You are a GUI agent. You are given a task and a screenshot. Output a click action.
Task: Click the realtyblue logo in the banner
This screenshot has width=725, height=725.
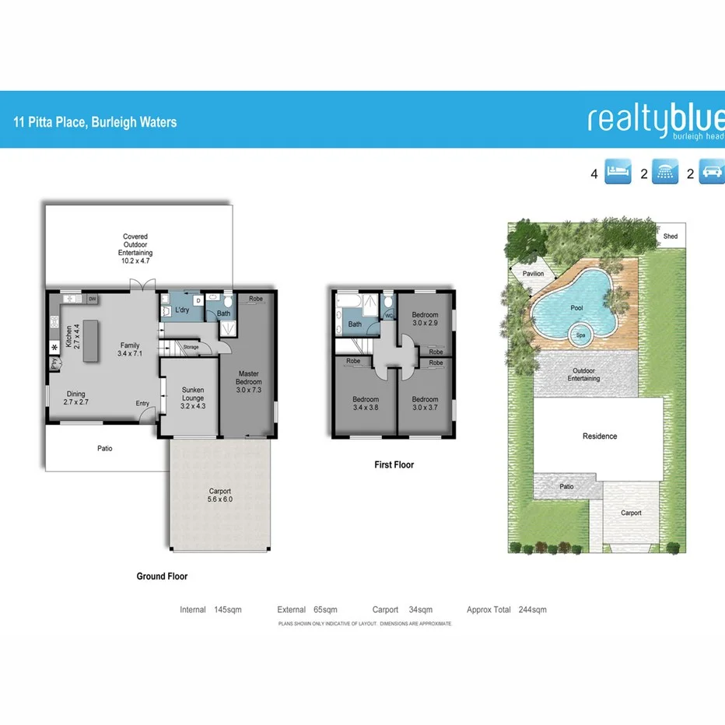click(x=656, y=121)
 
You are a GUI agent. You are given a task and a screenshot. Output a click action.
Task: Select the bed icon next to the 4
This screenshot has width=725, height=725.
click(x=619, y=173)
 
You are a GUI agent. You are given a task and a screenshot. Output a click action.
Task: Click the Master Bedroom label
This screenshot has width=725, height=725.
click(x=249, y=382)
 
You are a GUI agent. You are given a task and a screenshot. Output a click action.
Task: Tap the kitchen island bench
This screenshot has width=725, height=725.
click(x=92, y=339)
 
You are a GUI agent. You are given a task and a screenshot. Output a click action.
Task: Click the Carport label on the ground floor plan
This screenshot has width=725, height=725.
click(x=220, y=495)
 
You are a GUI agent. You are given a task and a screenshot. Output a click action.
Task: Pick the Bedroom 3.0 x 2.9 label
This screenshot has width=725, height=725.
click(x=425, y=319)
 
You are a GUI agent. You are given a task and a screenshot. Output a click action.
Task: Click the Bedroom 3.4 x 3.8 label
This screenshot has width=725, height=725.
click(x=366, y=403)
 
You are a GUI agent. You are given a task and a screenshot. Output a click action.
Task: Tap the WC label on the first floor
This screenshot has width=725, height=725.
click(x=388, y=315)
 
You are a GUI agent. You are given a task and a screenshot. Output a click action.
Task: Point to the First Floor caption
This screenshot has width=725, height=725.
click(x=394, y=465)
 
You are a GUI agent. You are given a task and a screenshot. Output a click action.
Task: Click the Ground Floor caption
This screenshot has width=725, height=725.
click(x=162, y=576)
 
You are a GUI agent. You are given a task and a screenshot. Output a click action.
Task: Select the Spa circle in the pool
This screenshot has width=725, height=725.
click(x=580, y=336)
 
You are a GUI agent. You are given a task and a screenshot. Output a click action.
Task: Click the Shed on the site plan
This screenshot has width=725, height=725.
click(x=670, y=236)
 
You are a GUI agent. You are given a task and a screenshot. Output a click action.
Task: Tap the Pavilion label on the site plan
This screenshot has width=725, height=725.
click(x=534, y=274)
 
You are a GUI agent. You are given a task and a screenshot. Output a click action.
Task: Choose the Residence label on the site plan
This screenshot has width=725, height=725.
click(x=600, y=436)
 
